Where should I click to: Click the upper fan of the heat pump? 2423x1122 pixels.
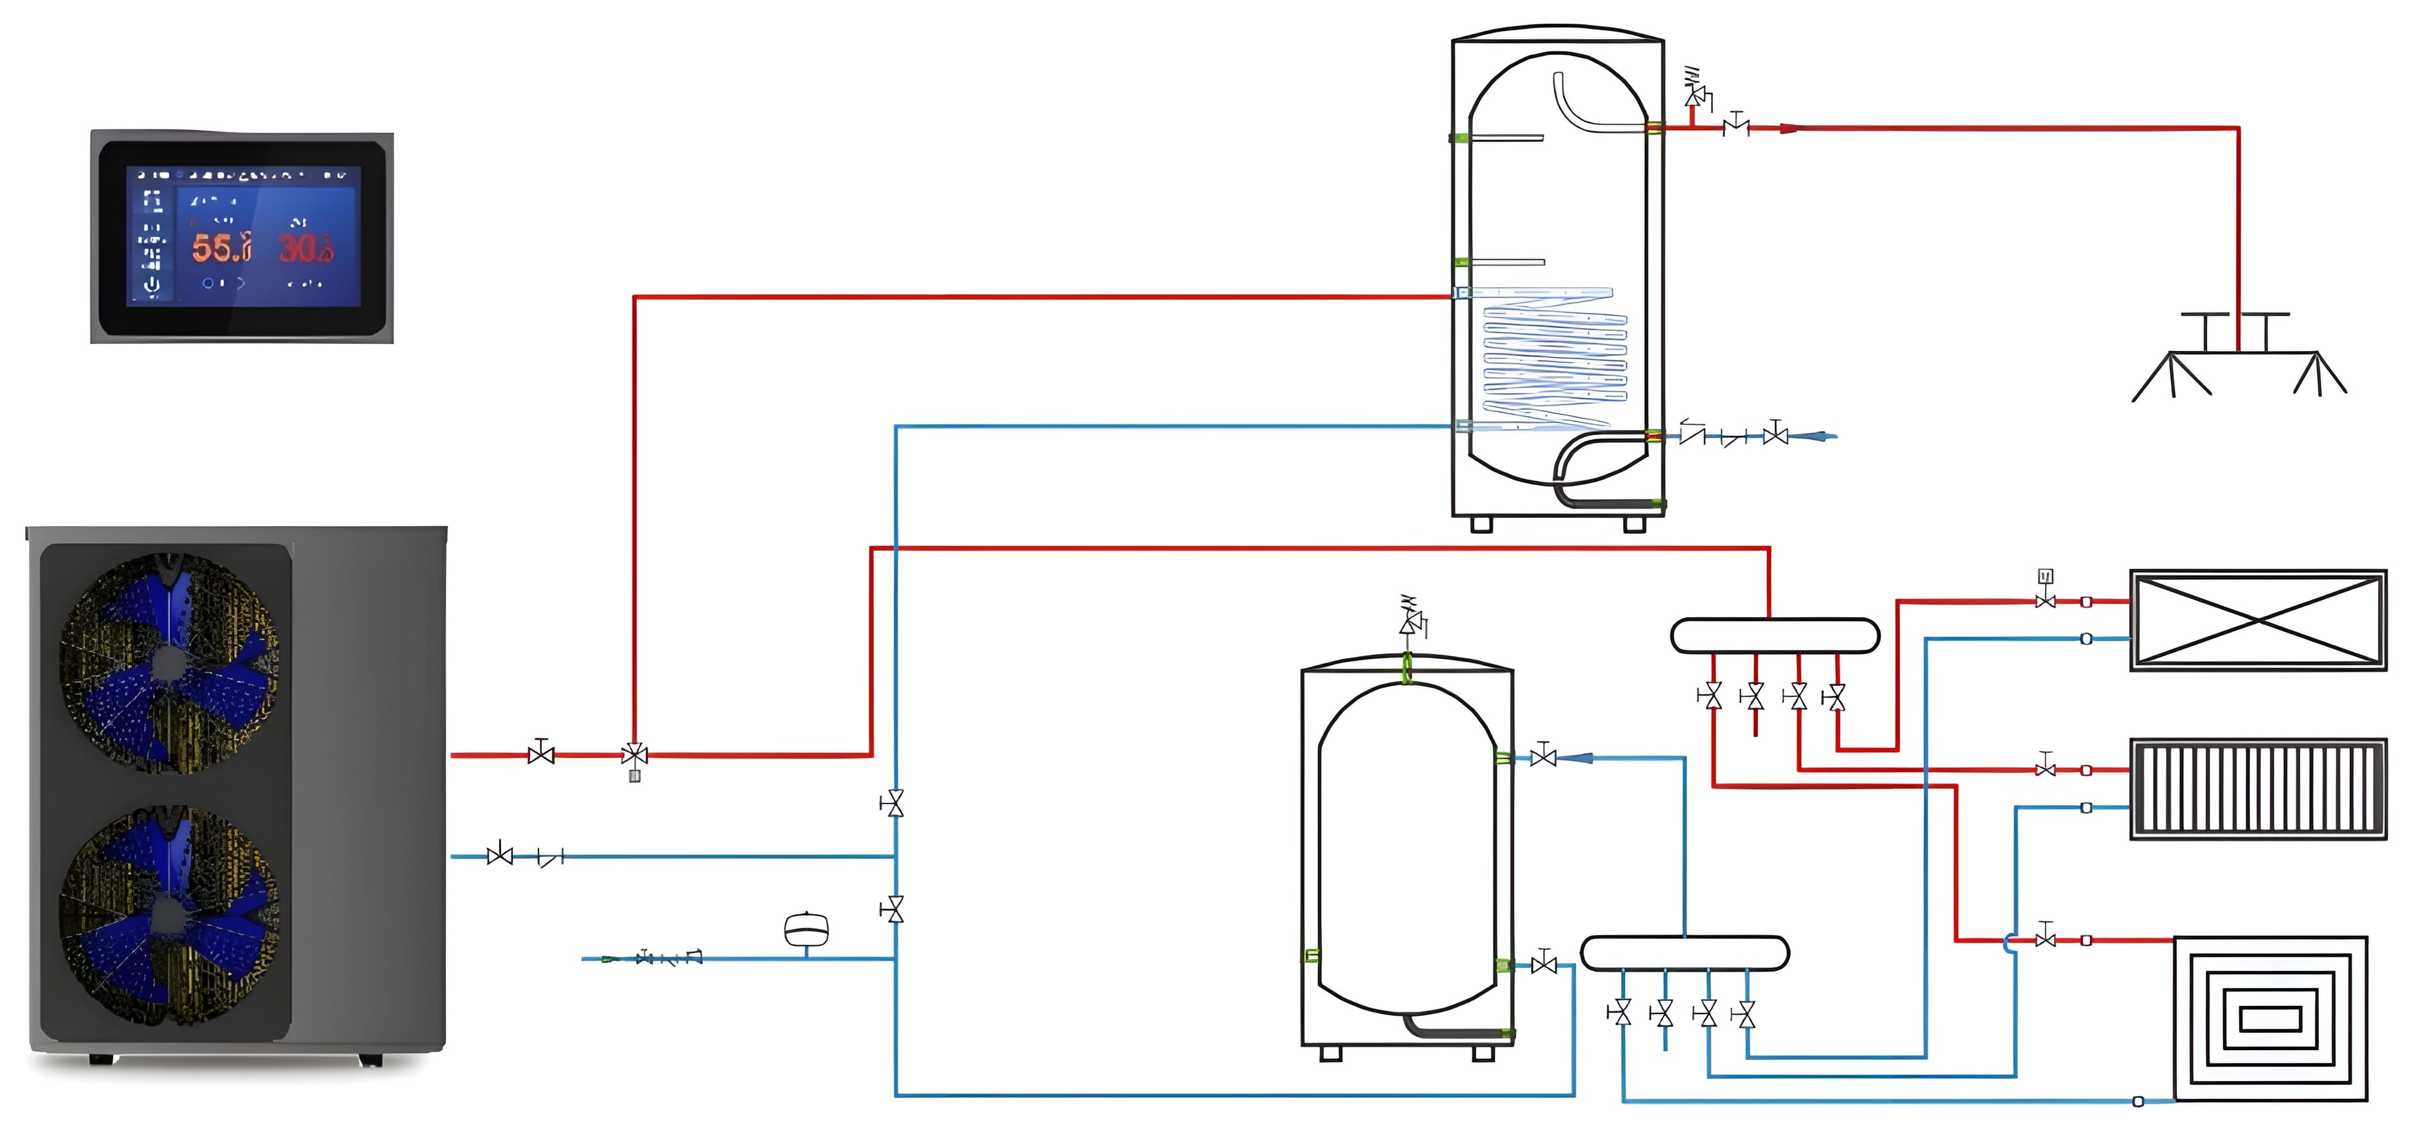coord(169,663)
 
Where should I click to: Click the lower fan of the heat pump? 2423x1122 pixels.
coord(169,915)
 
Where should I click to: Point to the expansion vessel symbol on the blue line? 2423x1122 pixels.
coord(806,929)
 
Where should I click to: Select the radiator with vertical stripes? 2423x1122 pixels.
coord(2258,788)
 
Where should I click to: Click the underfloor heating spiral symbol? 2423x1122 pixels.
coord(2270,1018)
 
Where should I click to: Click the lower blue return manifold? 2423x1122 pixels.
coord(1683,953)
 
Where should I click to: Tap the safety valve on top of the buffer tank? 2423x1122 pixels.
coord(1410,621)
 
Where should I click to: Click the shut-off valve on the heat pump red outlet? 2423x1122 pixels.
coord(541,753)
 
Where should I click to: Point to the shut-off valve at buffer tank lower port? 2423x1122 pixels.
coord(1543,964)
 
